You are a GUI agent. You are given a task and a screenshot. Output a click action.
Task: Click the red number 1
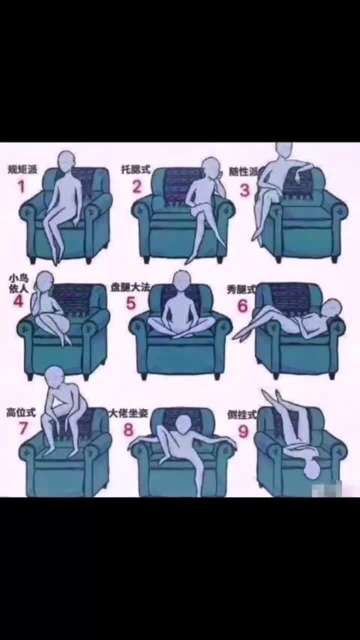click(x=21, y=186)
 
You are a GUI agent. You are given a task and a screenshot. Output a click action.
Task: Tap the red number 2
click(x=137, y=186)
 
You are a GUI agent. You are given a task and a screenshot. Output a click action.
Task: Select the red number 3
click(x=244, y=190)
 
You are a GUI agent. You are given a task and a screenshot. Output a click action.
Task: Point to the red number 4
click(x=18, y=301)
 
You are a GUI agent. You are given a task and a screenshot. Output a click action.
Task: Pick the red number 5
click(x=131, y=303)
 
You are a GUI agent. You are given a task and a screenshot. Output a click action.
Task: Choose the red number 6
click(x=243, y=305)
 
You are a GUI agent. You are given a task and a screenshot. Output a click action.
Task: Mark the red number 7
click(x=23, y=428)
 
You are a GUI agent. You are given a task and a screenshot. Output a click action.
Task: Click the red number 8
click(x=129, y=429)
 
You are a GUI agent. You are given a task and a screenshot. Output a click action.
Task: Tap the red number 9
click(x=243, y=431)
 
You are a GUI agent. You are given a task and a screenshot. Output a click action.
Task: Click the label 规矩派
click(x=22, y=169)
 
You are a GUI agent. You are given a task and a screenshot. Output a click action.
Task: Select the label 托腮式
click(x=135, y=169)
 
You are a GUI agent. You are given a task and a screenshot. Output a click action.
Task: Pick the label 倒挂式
click(x=241, y=415)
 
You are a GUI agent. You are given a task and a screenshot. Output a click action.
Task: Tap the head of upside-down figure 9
click(x=312, y=469)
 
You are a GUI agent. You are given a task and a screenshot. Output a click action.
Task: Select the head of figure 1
click(x=66, y=161)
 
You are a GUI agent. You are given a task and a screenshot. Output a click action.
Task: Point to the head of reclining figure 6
click(x=331, y=308)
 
